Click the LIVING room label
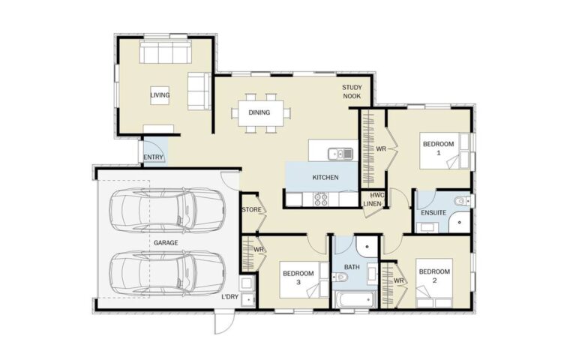(x=159, y=95)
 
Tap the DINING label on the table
(x=259, y=113)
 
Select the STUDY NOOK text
(x=352, y=92)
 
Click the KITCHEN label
(x=325, y=178)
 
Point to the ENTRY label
(x=153, y=157)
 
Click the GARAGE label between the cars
(x=166, y=243)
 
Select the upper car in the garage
(x=167, y=210)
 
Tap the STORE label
(x=251, y=209)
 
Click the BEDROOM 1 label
(x=437, y=147)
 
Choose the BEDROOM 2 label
(x=433, y=275)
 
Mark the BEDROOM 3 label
(x=297, y=277)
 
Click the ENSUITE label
(x=434, y=213)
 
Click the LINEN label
(x=373, y=203)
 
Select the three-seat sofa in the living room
(x=166, y=53)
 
